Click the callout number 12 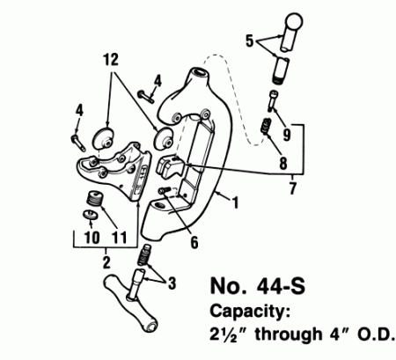(x=111, y=59)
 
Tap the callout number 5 (x=249, y=40)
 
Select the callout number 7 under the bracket (x=292, y=188)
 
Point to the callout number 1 (x=235, y=202)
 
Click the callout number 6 (x=194, y=242)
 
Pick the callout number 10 (x=92, y=237)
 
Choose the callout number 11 (x=120, y=237)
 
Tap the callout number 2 (x=106, y=262)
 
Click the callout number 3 (x=172, y=283)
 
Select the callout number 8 (x=282, y=163)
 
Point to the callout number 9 (x=287, y=135)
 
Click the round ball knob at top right (x=294, y=21)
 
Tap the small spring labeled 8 (x=266, y=126)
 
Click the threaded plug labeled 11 (x=94, y=198)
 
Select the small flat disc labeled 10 (x=90, y=215)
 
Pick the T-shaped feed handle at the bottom (x=130, y=301)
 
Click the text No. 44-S (x=258, y=286)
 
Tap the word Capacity (x=250, y=312)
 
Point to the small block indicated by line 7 (x=170, y=166)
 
